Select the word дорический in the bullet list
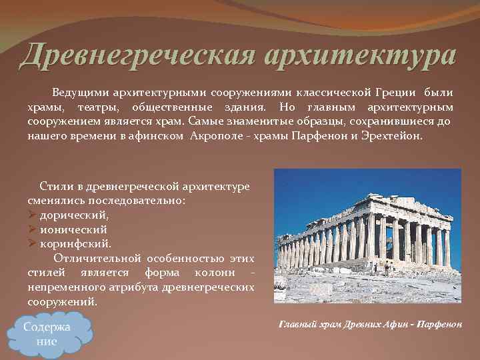coord(74,215)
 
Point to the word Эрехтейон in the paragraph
coord(394,135)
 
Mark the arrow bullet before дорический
coord(32,215)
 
